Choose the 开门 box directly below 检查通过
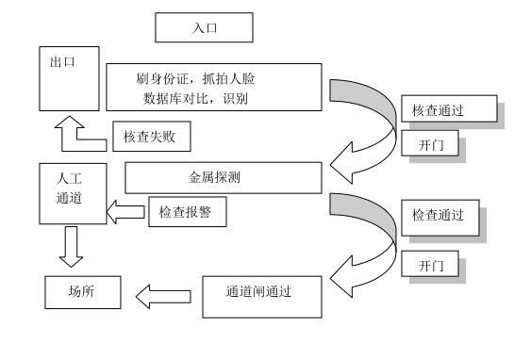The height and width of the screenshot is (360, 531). tap(433, 266)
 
